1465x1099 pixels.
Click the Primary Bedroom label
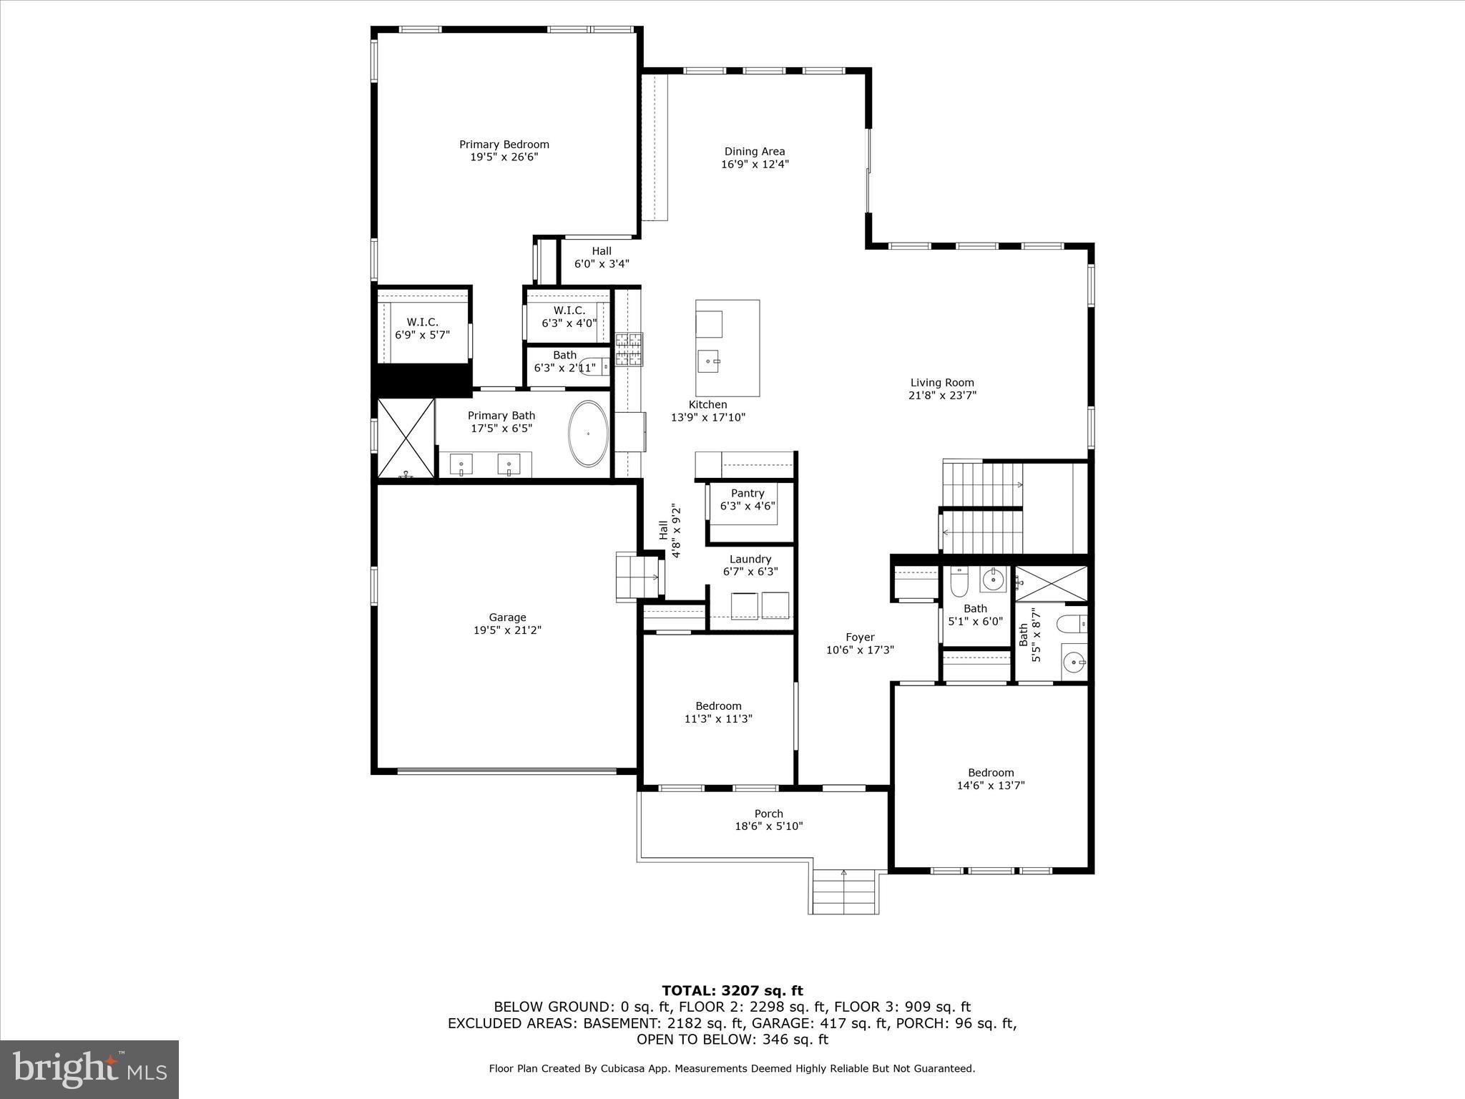click(504, 145)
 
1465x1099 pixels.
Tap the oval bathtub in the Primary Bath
click(588, 434)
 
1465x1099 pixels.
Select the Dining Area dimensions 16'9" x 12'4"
click(755, 164)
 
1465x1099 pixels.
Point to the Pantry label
click(748, 493)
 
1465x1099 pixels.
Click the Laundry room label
click(750, 559)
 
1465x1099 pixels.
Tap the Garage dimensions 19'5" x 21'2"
click(507, 630)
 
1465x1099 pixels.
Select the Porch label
click(768, 814)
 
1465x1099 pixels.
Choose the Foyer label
click(860, 637)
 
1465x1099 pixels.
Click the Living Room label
click(941, 383)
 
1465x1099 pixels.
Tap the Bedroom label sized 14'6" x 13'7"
click(991, 773)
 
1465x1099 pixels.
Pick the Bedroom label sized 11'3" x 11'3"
click(718, 706)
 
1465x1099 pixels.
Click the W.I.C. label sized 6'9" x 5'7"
click(422, 323)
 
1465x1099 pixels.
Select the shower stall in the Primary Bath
click(406, 438)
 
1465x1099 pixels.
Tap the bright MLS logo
click(89, 1069)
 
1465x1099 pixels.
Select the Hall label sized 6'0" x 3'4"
click(601, 251)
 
